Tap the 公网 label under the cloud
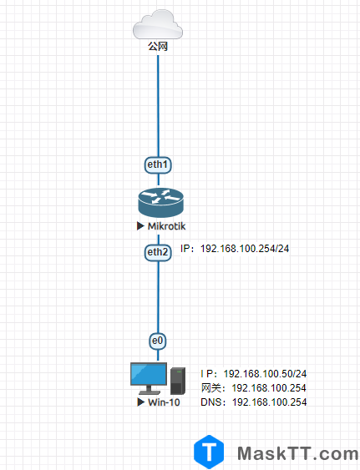[158, 47]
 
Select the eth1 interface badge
[158, 165]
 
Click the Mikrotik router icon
[158, 204]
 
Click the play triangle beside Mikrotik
[140, 226]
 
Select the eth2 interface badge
[158, 251]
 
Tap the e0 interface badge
[158, 341]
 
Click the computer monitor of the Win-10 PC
[148, 377]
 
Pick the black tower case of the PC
[177, 381]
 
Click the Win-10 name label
[165, 402]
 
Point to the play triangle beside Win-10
[140, 402]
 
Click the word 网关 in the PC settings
[211, 388]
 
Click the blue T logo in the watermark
[210, 452]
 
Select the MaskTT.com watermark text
[297, 453]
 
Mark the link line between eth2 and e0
[158, 296]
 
